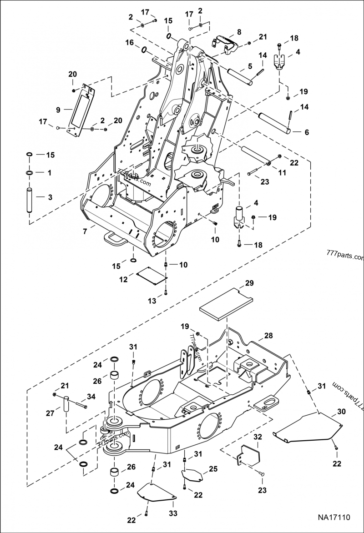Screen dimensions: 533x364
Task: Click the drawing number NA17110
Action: pyautogui.click(x=334, y=518)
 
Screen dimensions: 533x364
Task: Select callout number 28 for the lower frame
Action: pyautogui.click(x=268, y=336)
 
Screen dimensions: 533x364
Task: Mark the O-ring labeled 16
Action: pyautogui.click(x=144, y=49)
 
